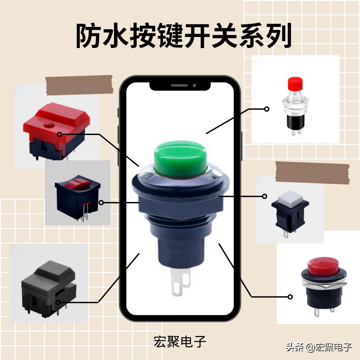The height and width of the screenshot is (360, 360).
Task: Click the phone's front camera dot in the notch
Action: click(x=194, y=85)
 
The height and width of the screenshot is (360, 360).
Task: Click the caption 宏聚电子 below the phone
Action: click(x=180, y=341)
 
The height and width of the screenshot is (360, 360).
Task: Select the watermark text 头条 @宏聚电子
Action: click(x=319, y=347)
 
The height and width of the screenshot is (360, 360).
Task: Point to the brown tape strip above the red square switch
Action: click(x=79, y=85)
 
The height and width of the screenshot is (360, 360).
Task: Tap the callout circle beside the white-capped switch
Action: click(x=265, y=196)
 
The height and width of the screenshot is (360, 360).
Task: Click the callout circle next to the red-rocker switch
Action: click(x=101, y=202)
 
